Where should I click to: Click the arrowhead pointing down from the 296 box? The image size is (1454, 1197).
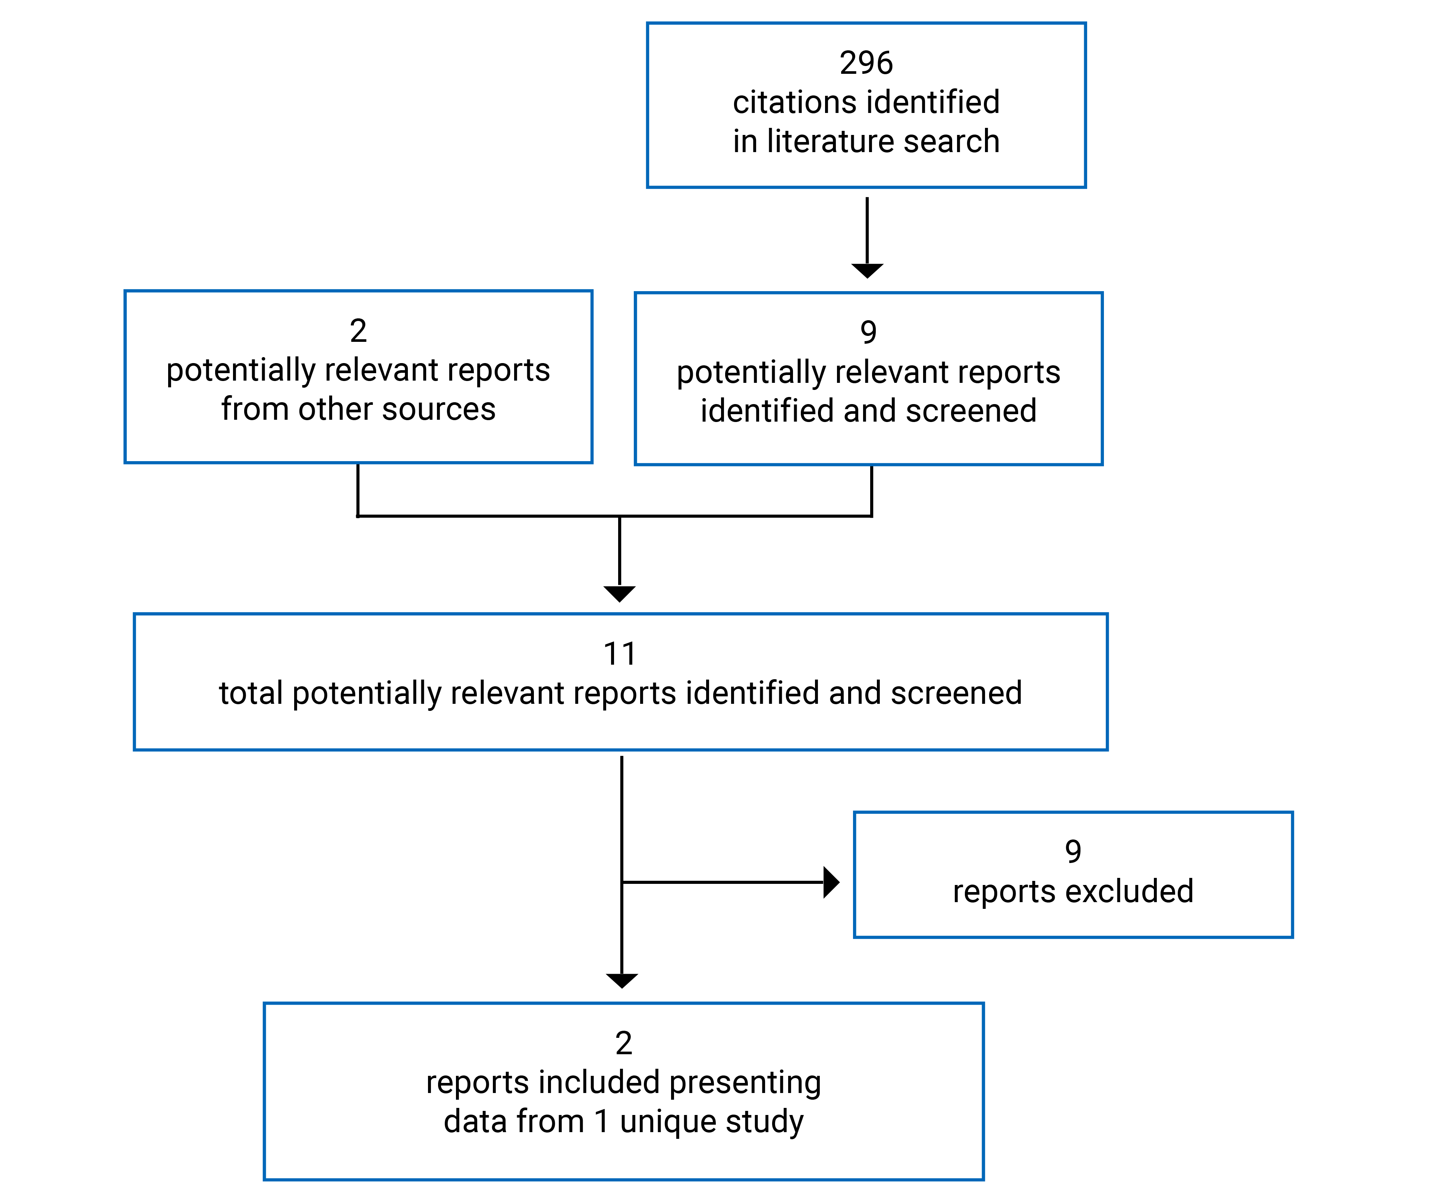coord(866,270)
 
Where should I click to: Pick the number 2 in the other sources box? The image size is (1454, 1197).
coord(358,331)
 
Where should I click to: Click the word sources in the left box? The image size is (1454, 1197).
coord(438,410)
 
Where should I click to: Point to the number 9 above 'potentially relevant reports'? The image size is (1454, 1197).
coord(868,333)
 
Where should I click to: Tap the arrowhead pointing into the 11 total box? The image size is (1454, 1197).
coord(619,593)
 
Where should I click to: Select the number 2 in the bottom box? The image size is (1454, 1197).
coord(623,1043)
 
